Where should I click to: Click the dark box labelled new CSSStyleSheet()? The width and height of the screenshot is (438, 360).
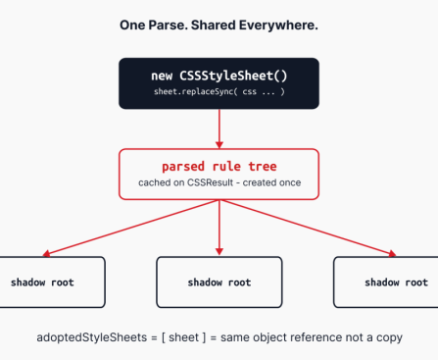coord(219,82)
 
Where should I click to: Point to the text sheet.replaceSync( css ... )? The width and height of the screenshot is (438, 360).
coord(219,91)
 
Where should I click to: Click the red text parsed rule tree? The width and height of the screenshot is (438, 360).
coord(219,166)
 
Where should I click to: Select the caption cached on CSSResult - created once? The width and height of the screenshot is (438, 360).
coord(219,183)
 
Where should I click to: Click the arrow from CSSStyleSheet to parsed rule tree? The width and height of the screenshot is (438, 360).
coord(219,128)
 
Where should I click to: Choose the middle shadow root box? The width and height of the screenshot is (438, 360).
coord(219,282)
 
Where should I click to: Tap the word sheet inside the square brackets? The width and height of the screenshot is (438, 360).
coord(183,337)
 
